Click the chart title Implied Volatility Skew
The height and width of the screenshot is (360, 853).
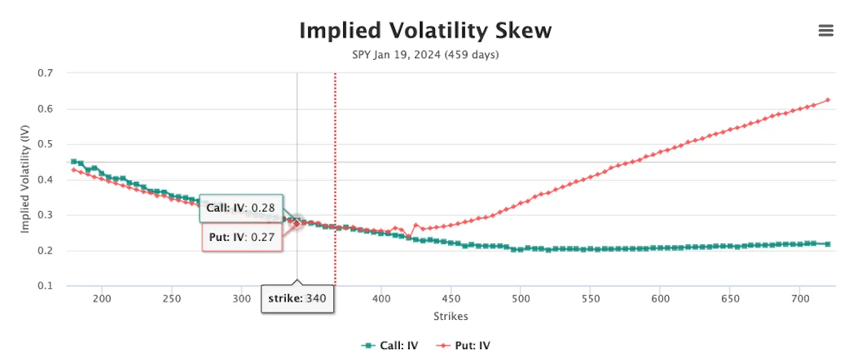[425, 31]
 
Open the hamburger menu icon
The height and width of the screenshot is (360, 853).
[826, 31]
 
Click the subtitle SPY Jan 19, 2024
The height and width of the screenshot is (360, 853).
[425, 55]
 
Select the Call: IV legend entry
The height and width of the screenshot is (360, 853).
[389, 344]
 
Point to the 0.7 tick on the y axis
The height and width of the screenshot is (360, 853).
[47, 73]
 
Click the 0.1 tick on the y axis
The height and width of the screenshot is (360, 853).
[47, 286]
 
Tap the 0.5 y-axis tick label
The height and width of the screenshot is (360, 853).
[47, 144]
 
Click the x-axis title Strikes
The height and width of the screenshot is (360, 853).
[450, 317]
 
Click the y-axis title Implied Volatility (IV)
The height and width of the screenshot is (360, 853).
[27, 179]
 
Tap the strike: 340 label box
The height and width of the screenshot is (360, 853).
[297, 297]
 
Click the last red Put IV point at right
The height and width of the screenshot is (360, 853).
[828, 100]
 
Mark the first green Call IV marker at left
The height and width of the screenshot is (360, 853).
[73, 162]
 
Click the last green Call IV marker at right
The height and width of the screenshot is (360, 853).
[828, 244]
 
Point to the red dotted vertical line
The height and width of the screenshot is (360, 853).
[335, 167]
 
